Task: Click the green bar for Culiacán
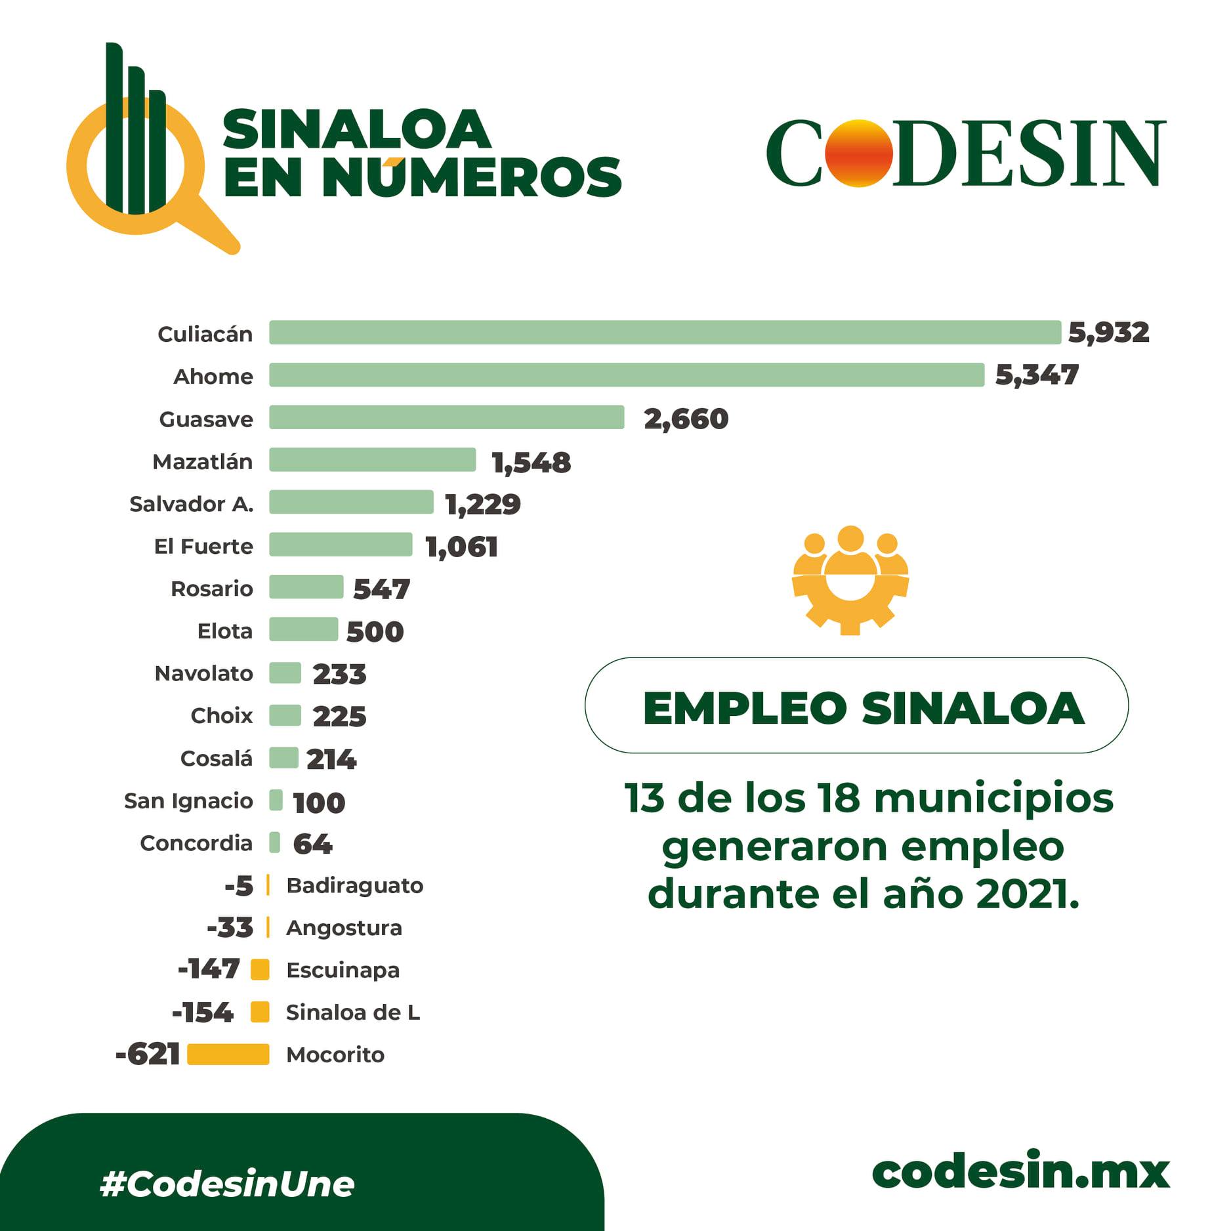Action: tap(664, 333)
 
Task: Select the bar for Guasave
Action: tap(446, 417)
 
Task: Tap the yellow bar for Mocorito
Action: tap(228, 1054)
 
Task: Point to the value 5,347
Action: tap(1037, 375)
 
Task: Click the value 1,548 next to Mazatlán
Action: tap(532, 463)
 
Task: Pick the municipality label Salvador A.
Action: tap(191, 504)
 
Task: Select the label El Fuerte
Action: tap(203, 547)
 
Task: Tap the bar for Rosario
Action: tap(306, 587)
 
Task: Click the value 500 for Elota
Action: tap(375, 632)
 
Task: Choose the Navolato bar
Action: tap(285, 673)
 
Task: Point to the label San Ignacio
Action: tap(188, 801)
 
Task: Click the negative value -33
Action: tap(230, 928)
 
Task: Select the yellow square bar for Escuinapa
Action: tap(261, 970)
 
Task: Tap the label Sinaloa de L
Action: tap(353, 1012)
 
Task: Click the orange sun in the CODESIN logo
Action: tap(858, 154)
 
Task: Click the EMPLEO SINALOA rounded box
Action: tap(856, 705)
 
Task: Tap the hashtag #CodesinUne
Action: tap(227, 1184)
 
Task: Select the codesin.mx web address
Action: tap(1020, 1172)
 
